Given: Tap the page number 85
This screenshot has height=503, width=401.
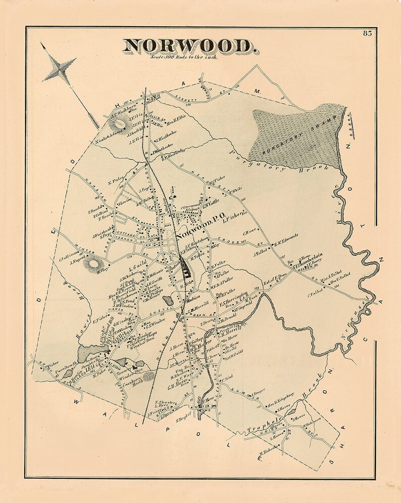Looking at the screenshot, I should click(367, 33).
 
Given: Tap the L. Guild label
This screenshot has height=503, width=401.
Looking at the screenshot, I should click(137, 263).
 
